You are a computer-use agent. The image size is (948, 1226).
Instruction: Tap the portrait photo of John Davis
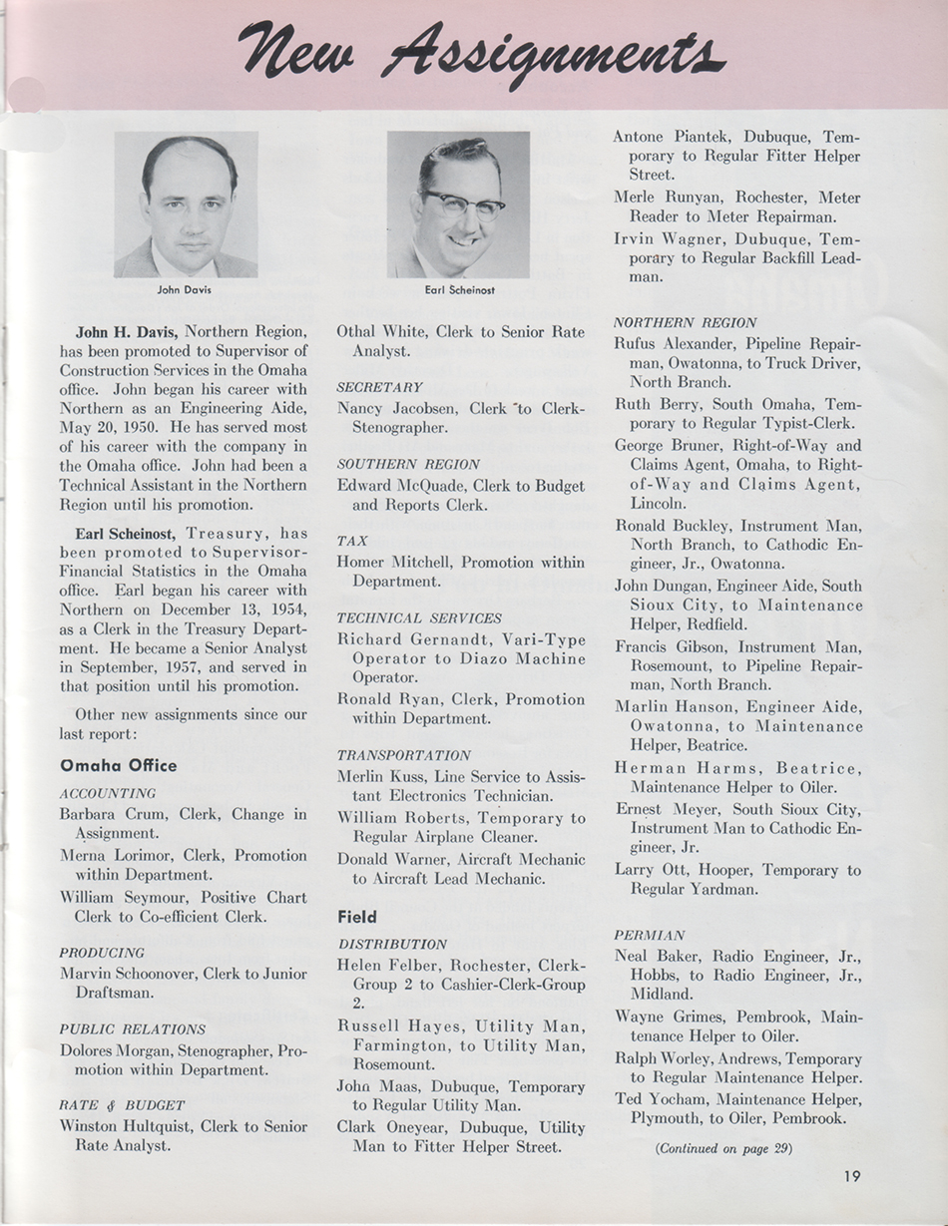[x=186, y=204]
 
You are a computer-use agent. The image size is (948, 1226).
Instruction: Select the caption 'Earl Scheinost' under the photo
[x=459, y=291]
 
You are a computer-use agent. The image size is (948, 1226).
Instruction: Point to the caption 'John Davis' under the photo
[x=186, y=291]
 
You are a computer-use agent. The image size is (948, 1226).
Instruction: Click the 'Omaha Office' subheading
[x=118, y=766]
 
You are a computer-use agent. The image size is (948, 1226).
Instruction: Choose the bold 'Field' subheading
[x=356, y=916]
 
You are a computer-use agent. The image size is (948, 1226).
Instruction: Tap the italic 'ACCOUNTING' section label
[x=108, y=793]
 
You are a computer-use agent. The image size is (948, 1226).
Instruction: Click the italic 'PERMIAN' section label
[x=650, y=936]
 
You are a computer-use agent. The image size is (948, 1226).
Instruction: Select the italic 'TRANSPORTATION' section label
[x=403, y=755]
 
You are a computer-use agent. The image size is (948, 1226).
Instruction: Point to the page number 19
[x=850, y=1176]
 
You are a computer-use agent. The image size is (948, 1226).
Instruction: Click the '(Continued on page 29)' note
[x=724, y=1148]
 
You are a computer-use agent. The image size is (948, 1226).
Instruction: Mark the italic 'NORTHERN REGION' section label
[x=685, y=322]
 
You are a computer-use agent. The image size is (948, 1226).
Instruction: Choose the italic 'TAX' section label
[x=352, y=540]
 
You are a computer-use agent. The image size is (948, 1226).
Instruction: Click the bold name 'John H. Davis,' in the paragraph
[x=127, y=330]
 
